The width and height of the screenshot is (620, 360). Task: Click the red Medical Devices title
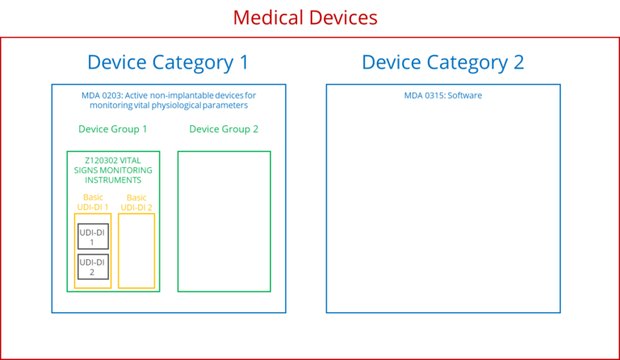point(305,17)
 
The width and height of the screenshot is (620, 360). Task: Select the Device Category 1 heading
point(167,62)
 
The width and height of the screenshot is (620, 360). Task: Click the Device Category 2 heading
point(442,62)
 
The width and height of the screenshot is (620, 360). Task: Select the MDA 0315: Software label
point(442,95)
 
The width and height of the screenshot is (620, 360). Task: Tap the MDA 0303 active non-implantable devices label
point(168,100)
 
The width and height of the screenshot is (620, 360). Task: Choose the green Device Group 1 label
point(112,129)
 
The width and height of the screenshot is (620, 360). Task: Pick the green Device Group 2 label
point(224,129)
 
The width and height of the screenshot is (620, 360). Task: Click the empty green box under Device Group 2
point(224,221)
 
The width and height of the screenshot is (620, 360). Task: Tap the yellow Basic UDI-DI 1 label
point(93,202)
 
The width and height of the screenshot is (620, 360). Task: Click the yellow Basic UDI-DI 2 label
point(136,202)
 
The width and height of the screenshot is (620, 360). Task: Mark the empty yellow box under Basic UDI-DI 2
point(136,250)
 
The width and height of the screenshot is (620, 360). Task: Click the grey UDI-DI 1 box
point(92,237)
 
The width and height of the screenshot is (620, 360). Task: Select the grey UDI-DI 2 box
point(92,266)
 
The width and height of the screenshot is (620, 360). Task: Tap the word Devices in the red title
point(342,17)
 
